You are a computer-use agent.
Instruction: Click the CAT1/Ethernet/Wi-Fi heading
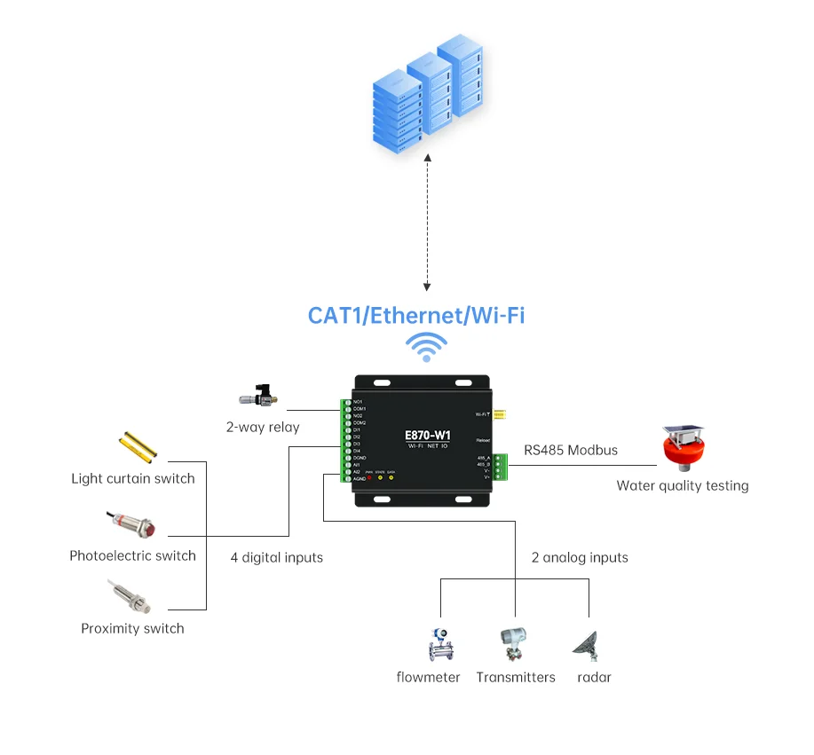pyautogui.click(x=415, y=315)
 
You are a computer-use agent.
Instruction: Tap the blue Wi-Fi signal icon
pyautogui.click(x=427, y=347)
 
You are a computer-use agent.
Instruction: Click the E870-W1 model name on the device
pyautogui.click(x=427, y=436)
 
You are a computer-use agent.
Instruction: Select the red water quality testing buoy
pyautogui.click(x=683, y=448)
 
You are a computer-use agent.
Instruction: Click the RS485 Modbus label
pyautogui.click(x=571, y=450)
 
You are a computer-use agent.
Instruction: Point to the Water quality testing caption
pyautogui.click(x=682, y=485)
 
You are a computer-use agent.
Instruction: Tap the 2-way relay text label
pyautogui.click(x=263, y=427)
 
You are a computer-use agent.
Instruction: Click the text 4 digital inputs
pyautogui.click(x=277, y=558)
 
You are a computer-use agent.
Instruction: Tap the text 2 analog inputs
pyautogui.click(x=580, y=558)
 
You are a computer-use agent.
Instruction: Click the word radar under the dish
pyautogui.click(x=594, y=677)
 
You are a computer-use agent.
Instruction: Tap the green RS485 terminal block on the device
pyautogui.click(x=501, y=467)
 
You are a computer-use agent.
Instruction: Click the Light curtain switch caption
pyautogui.click(x=133, y=479)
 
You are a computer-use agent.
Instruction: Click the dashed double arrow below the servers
pyautogui.click(x=428, y=222)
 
